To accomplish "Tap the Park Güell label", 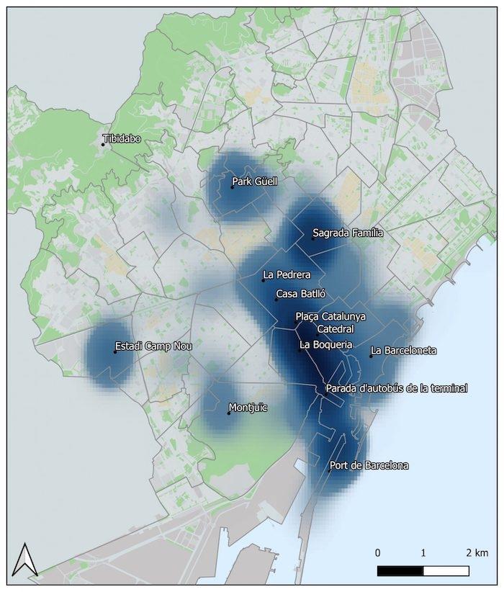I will coord(255,181).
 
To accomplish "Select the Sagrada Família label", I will coord(348,233).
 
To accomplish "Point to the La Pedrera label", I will coord(287,274).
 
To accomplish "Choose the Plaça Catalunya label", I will coord(330,316).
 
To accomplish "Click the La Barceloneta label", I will coord(403,351).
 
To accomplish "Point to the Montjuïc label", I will coord(248,408).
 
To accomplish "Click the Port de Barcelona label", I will coord(369,465).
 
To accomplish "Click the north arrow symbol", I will coord(25,560).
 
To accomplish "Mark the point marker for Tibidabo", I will coord(103,144).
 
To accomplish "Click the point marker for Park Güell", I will coord(233,187).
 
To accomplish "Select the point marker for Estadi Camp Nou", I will coord(115,352).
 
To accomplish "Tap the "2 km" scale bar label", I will coord(477,552).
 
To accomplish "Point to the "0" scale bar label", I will coord(378,552).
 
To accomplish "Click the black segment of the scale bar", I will coord(400,570).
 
